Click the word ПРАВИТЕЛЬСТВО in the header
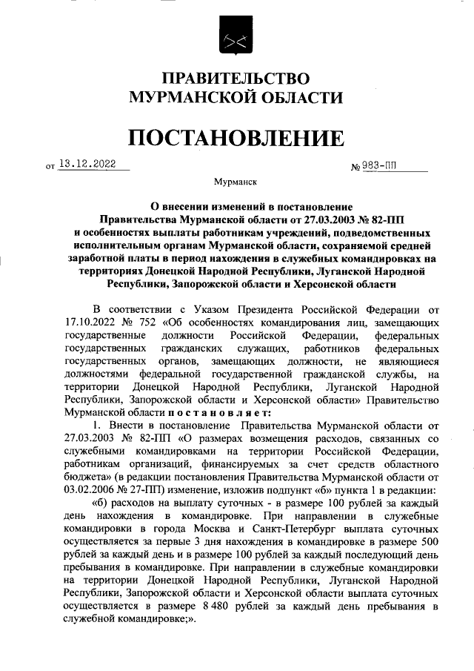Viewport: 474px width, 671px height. coord(236,78)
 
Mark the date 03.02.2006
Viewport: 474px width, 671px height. coord(90,492)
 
